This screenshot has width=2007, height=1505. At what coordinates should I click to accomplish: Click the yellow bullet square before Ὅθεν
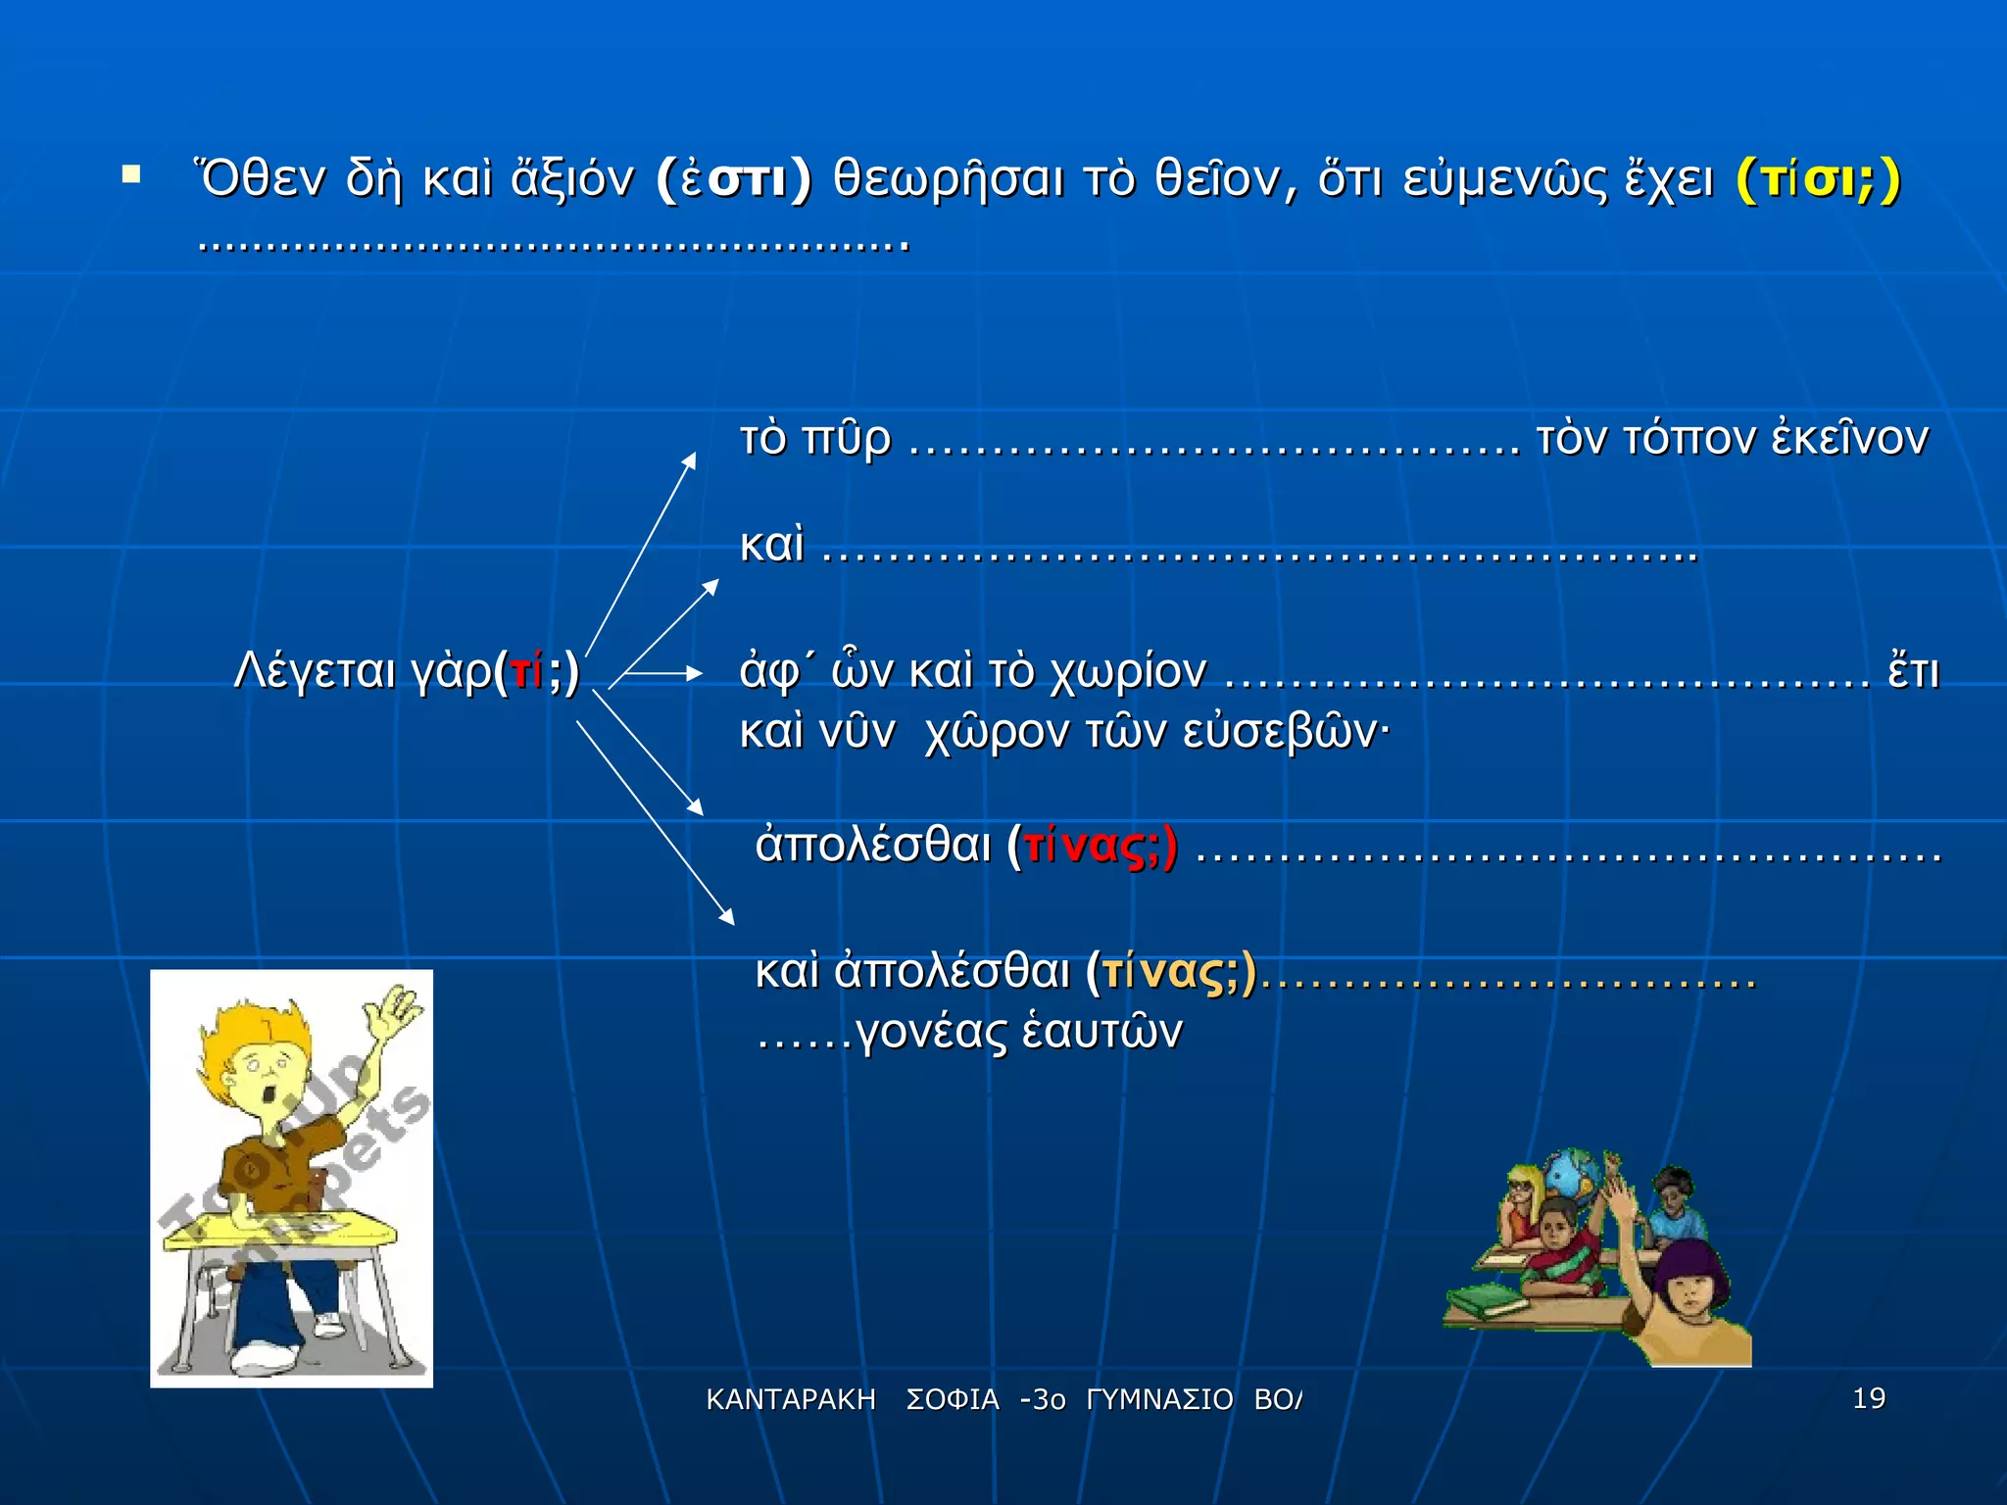coord(131,175)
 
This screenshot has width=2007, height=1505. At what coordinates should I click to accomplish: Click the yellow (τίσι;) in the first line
coord(1818,180)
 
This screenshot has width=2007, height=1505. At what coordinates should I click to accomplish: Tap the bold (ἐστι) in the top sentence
coord(734,180)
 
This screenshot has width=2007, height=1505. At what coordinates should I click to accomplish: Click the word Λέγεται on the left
coord(315,672)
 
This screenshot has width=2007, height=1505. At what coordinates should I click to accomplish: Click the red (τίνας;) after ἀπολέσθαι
coord(1093,847)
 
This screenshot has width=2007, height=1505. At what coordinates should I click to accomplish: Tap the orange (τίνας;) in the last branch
coord(1172,972)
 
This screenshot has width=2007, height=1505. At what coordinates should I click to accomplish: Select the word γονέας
coord(931,1033)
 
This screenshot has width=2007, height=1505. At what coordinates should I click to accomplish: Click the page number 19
coord(1869,1398)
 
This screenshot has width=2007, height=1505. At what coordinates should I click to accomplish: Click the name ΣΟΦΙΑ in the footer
coord(953,1400)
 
